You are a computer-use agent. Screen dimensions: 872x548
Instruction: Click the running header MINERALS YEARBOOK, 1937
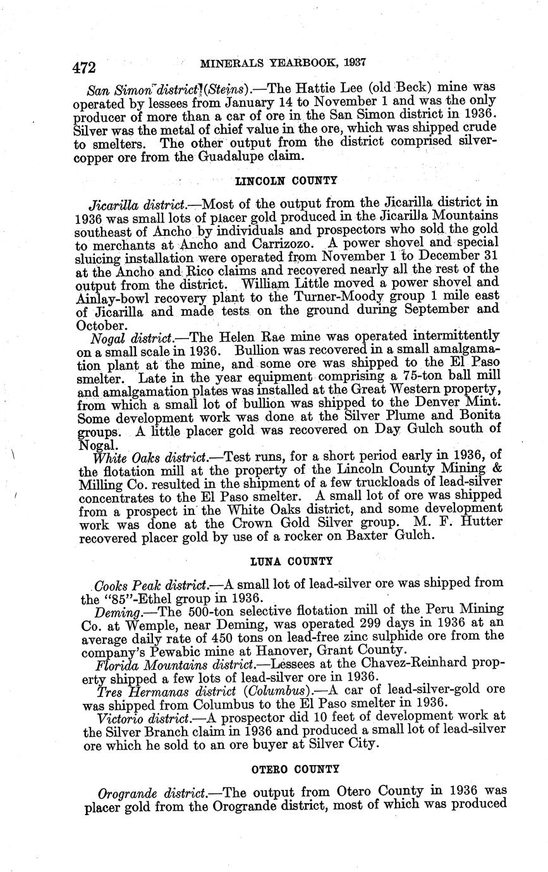[x=284, y=63]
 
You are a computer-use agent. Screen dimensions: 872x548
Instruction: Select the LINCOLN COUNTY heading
[x=286, y=181]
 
